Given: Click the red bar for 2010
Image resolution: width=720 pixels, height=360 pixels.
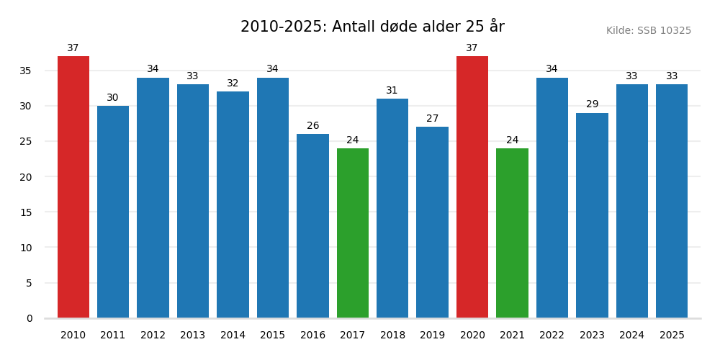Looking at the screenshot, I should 73,187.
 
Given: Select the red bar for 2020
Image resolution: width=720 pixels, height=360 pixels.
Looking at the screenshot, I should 472,187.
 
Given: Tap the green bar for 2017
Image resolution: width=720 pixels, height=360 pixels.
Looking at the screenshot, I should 352,233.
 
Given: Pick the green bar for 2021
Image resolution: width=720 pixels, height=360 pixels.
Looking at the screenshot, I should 512,233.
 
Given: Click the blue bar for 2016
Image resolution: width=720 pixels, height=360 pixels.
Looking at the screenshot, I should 312,226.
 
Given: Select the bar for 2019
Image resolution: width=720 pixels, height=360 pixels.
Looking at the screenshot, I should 432,222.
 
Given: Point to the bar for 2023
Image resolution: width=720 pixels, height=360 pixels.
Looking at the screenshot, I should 592,215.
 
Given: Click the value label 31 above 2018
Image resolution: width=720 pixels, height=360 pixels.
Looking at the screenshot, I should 392,91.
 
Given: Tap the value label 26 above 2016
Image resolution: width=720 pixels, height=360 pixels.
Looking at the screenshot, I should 312,126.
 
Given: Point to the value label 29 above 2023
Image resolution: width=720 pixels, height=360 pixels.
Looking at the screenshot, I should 592,104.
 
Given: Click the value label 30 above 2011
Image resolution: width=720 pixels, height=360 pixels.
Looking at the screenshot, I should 113,98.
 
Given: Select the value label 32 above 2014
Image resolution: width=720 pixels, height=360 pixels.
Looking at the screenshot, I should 233,84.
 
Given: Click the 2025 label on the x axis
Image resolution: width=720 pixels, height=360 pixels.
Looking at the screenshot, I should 672,336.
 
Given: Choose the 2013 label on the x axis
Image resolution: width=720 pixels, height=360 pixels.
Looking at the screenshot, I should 193,336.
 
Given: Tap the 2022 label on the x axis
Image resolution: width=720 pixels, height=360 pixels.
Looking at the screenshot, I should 552,336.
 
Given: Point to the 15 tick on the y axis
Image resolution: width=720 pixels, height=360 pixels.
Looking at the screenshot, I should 26,212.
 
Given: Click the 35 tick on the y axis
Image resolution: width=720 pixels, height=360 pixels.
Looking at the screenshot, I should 26,71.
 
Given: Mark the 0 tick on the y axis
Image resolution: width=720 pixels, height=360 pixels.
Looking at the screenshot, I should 30,318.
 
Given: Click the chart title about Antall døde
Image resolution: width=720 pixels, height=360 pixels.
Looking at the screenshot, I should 372,27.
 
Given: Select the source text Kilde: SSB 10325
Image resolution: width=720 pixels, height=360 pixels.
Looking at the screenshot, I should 648,31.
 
